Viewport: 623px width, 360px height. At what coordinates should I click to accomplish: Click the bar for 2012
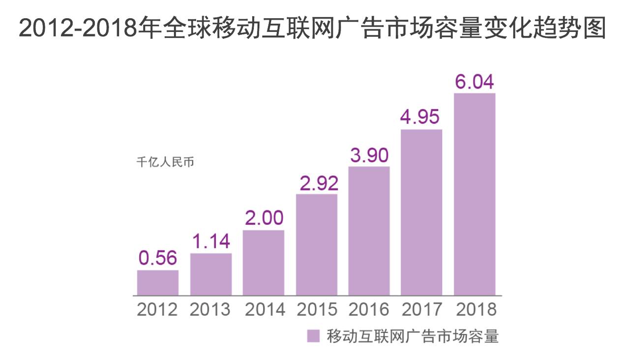[157, 283]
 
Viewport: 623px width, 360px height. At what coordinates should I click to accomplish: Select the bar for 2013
[210, 274]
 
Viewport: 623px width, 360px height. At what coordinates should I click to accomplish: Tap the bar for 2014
[264, 263]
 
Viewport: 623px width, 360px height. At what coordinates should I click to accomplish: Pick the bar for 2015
[317, 245]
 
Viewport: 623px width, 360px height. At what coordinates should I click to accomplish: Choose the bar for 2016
[369, 231]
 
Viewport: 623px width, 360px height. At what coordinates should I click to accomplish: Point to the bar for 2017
[421, 212]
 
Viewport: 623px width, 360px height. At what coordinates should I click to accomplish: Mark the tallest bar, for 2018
[475, 194]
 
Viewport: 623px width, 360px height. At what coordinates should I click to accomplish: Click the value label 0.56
[157, 259]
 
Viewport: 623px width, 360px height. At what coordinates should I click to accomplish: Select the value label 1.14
[210, 241]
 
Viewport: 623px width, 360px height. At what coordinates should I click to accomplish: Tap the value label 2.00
[264, 218]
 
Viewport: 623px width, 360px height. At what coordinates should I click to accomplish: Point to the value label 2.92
[317, 183]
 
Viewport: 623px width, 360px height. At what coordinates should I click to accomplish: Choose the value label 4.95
[421, 118]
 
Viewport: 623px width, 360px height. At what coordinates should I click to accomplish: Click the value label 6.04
[475, 82]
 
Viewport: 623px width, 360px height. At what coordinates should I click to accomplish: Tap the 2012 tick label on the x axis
[157, 310]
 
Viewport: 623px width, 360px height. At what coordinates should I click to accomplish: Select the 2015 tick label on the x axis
[317, 310]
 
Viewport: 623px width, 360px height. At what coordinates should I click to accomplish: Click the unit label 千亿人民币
[165, 162]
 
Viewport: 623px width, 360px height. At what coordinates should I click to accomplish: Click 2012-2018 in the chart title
[78, 29]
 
